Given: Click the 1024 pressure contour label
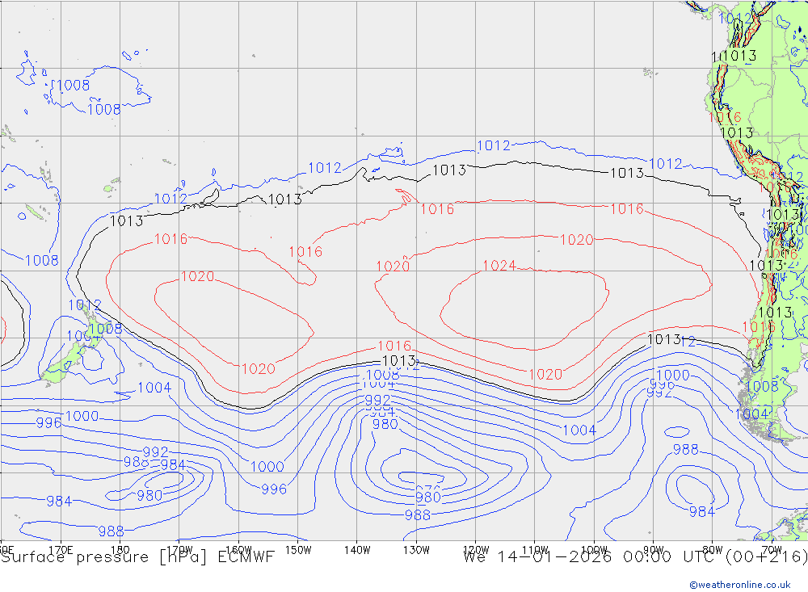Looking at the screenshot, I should coord(499,266).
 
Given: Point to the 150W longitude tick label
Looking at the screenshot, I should coord(297,549).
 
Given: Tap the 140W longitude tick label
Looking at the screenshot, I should coord(356,549).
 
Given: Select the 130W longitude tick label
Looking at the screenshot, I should coord(416,549).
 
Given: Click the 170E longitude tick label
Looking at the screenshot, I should coord(61,549).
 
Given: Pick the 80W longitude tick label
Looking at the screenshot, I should coord(712,549).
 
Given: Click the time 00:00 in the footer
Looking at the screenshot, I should coord(647,557).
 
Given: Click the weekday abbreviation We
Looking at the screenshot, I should coord(475,557).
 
